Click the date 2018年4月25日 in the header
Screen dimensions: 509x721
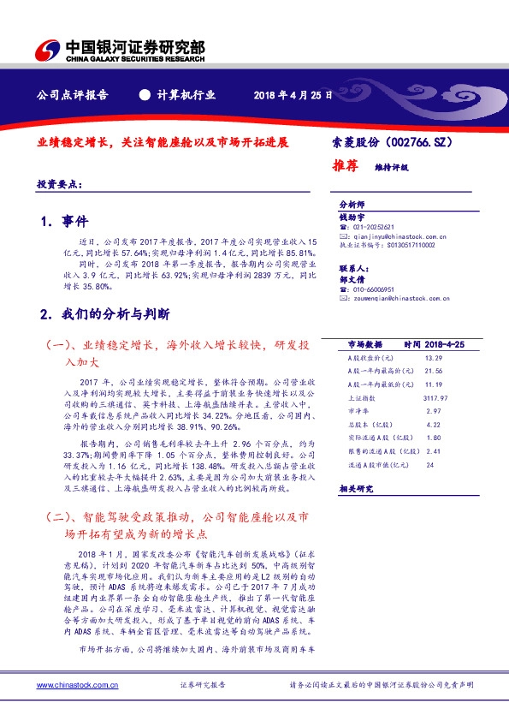click(292, 95)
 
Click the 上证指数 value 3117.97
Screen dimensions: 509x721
click(435, 397)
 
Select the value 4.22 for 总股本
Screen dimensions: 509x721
click(433, 424)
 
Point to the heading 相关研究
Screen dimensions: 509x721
click(357, 488)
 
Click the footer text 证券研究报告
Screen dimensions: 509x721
click(203, 685)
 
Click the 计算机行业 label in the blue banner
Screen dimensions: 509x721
click(186, 95)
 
